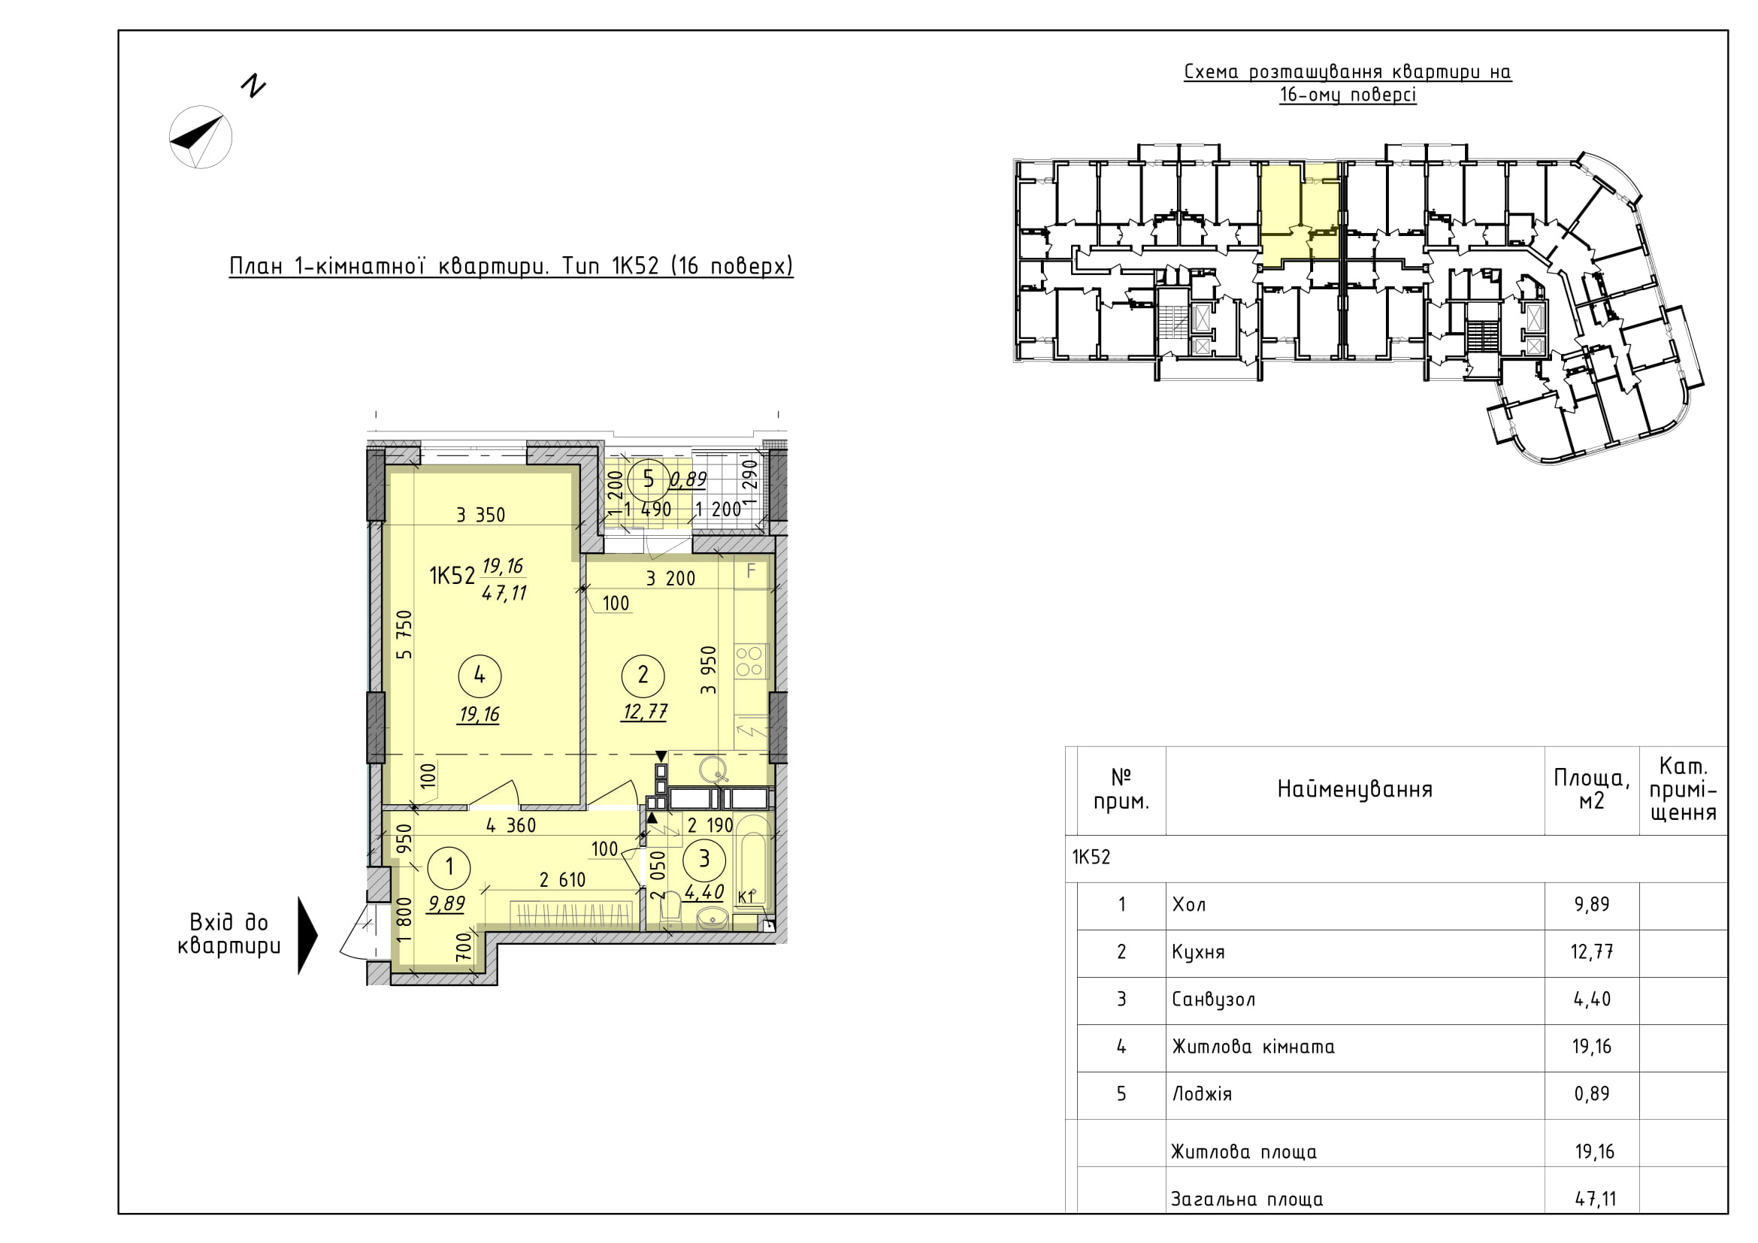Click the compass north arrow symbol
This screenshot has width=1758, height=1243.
(200, 137)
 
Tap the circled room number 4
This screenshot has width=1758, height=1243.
(480, 675)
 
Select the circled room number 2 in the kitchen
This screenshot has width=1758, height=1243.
(643, 674)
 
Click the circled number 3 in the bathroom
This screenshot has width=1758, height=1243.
(704, 859)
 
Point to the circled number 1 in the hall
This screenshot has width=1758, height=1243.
(449, 866)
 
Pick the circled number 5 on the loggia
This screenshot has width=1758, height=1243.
(649, 479)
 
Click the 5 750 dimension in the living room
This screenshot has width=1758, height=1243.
(404, 634)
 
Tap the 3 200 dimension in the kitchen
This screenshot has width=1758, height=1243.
(670, 579)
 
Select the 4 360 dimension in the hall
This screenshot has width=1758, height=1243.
(510, 825)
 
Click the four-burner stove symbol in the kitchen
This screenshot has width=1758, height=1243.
(749, 661)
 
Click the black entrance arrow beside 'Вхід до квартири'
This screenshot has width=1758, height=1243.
(307, 936)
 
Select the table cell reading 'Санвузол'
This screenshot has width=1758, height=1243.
(1214, 999)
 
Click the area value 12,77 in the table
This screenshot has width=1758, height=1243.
(1592, 951)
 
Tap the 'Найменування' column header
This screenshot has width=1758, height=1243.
(1354, 789)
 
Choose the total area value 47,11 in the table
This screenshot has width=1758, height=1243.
(1596, 1199)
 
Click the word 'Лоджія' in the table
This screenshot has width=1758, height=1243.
(1202, 1093)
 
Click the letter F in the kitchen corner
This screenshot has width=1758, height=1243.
(751, 570)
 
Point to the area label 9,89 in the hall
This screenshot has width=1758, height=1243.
(446, 904)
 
